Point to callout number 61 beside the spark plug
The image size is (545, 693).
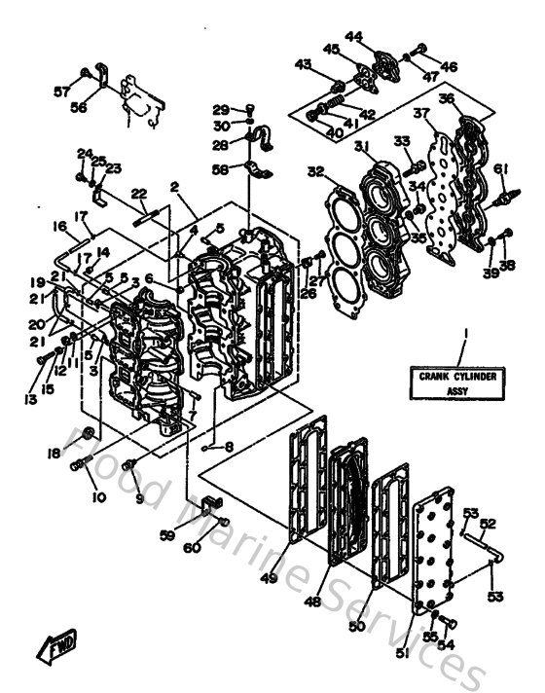(500, 169)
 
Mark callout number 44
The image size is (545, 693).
(353, 38)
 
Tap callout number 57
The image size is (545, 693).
(62, 91)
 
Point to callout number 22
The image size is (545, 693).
(140, 193)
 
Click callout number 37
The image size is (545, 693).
(421, 114)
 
